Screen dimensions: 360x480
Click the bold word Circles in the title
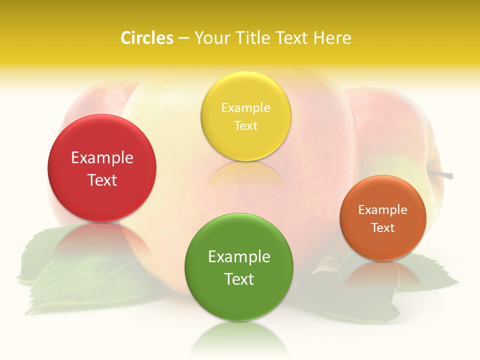click(147, 38)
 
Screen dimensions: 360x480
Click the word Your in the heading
click(211, 38)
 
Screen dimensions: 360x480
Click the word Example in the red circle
click(102, 158)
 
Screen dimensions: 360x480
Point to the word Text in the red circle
click(102, 180)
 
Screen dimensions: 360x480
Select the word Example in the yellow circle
click(245, 108)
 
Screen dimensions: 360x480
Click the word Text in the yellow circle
click(245, 125)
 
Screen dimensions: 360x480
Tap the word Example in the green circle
click(239, 257)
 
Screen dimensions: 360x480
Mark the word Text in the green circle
click(239, 279)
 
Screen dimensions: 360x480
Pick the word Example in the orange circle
click(383, 210)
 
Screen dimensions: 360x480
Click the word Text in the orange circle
click(383, 227)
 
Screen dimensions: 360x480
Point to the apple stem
click(443, 174)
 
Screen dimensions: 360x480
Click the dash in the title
click(183, 38)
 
